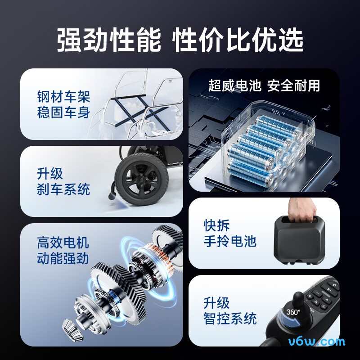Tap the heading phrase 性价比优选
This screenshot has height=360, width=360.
click(238, 41)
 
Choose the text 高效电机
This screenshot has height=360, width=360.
click(63, 243)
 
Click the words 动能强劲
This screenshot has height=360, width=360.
click(63, 259)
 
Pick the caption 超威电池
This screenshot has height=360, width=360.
click(234, 85)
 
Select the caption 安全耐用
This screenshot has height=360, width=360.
click(293, 85)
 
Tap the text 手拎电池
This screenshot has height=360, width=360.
click(230, 241)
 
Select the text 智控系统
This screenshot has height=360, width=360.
click(230, 319)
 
